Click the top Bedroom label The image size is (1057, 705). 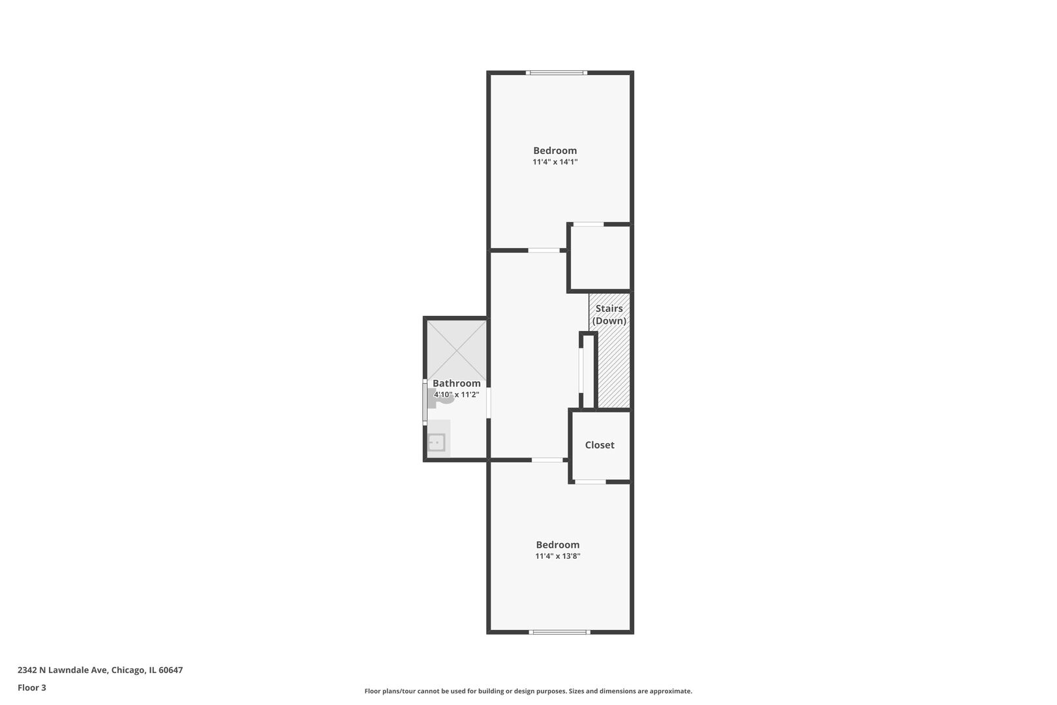(x=555, y=151)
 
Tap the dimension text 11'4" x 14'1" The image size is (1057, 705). (x=555, y=162)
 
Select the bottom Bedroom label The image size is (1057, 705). (x=557, y=545)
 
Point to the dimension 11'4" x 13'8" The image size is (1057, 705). (x=557, y=556)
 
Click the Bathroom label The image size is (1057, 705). (x=456, y=384)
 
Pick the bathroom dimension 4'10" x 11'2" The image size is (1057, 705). (x=456, y=394)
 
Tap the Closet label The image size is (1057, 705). (x=599, y=445)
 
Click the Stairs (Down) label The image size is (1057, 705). (x=609, y=315)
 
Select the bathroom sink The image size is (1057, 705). (x=437, y=443)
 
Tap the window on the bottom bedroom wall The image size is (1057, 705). (x=559, y=632)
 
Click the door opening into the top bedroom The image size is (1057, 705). (x=544, y=250)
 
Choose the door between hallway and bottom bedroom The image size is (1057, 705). (x=547, y=460)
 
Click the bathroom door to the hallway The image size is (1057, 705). (x=489, y=403)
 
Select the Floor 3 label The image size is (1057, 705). (x=32, y=687)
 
